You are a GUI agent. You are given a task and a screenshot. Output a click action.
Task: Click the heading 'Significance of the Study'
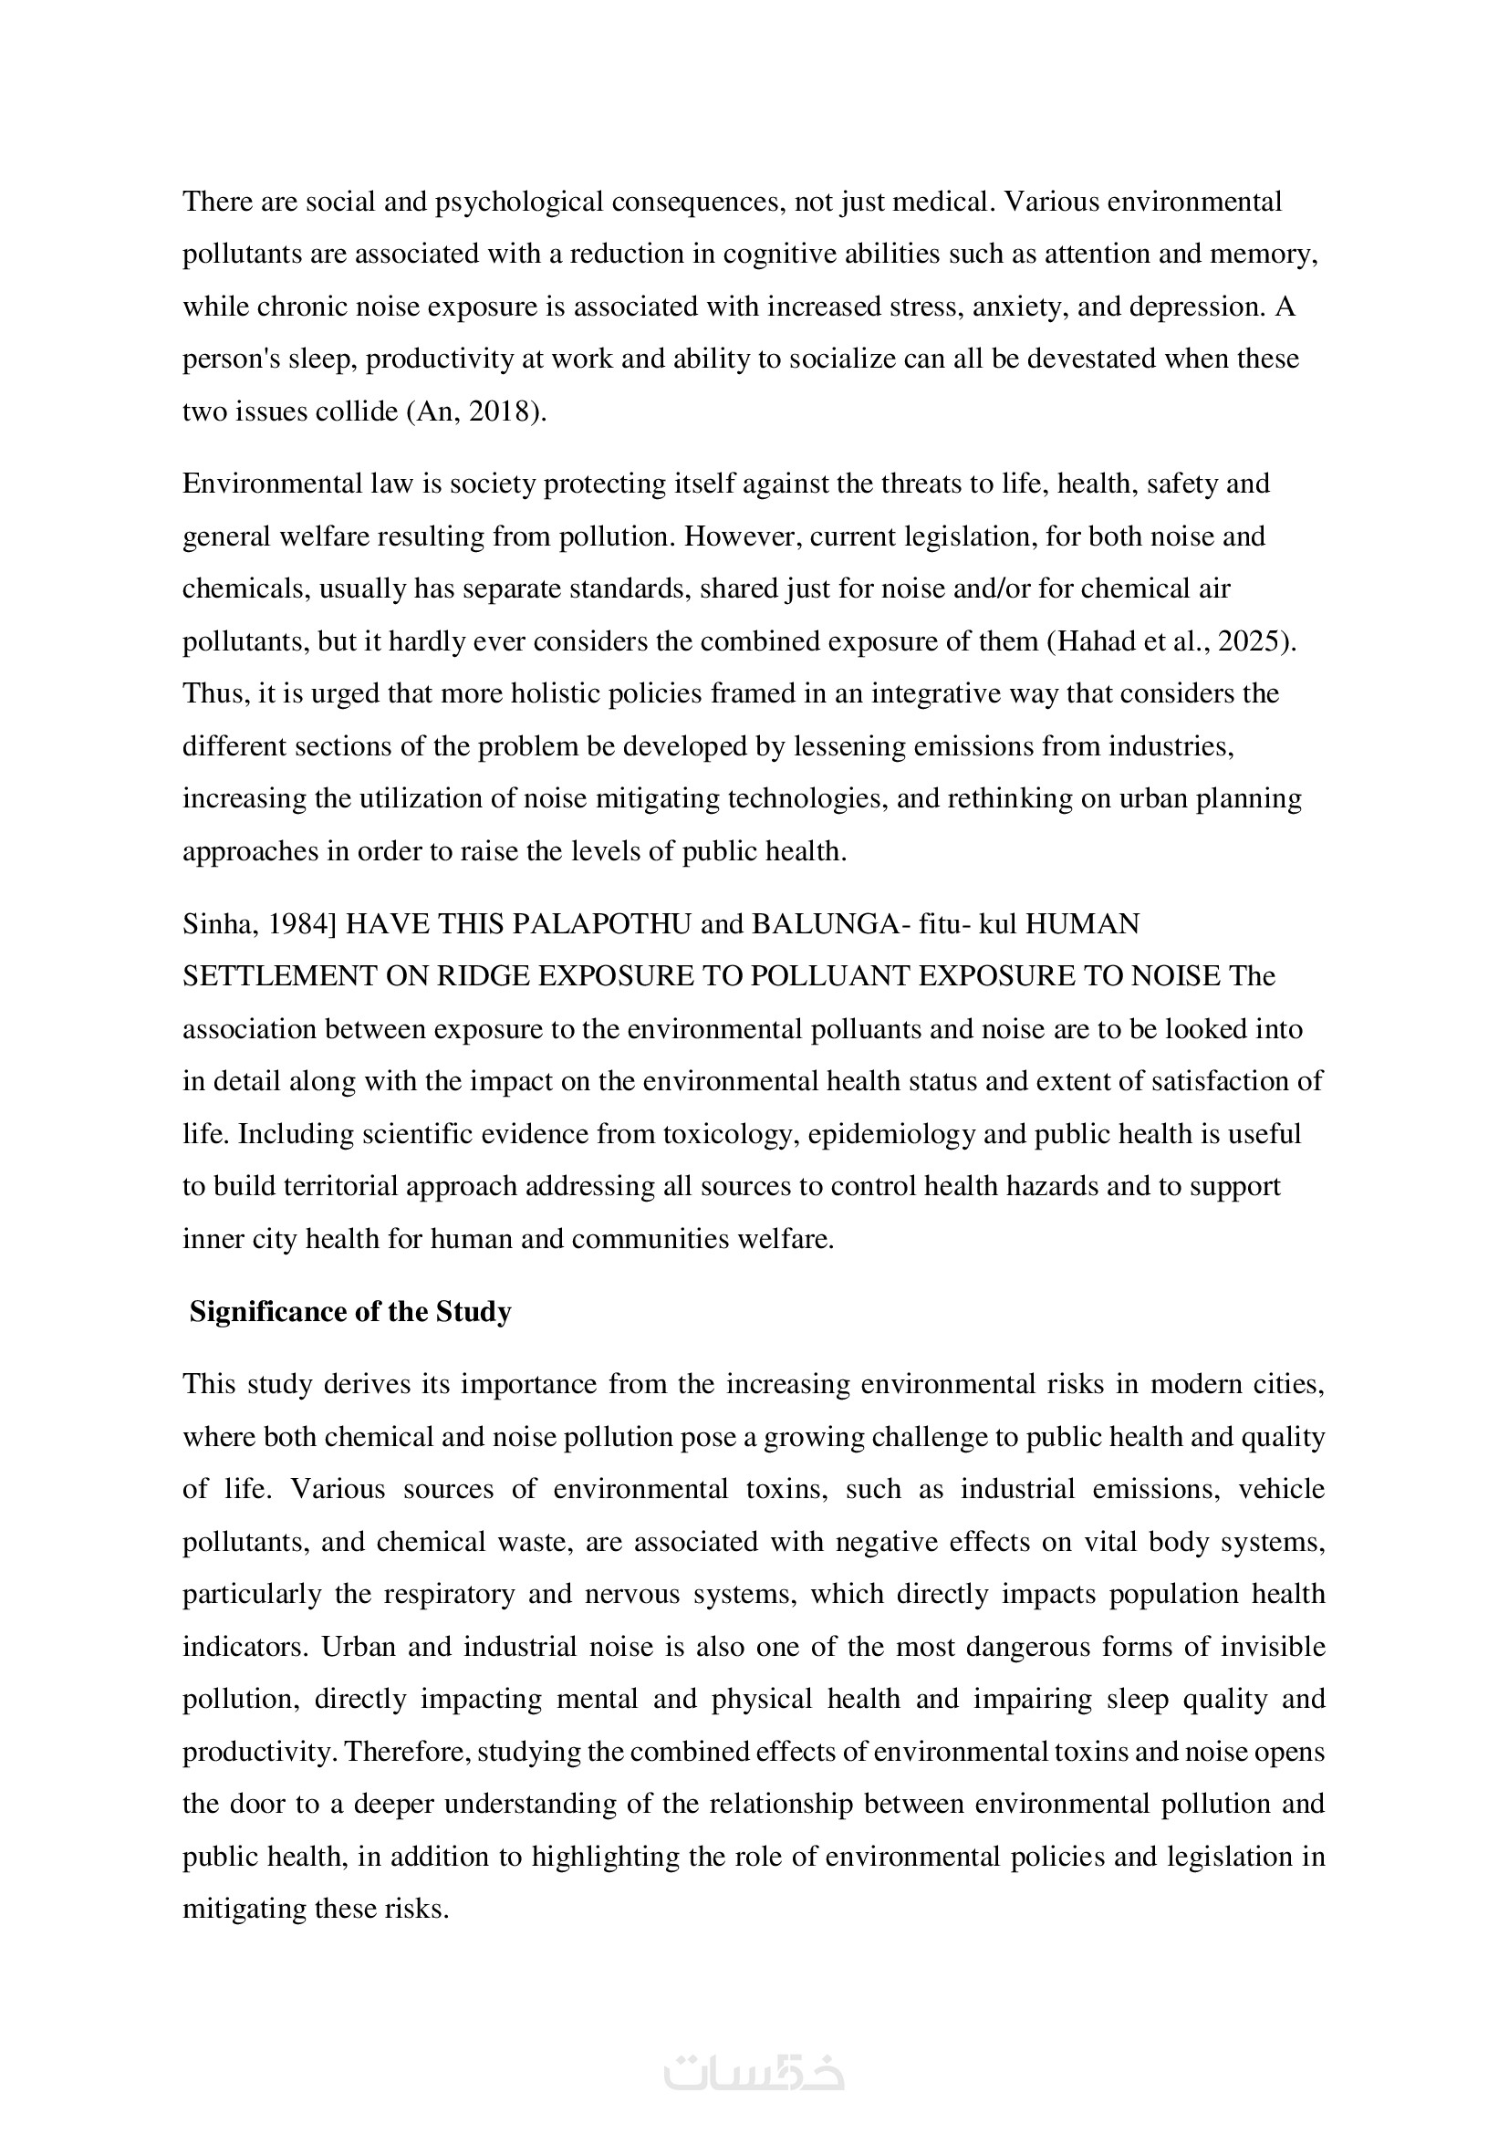(x=350, y=1311)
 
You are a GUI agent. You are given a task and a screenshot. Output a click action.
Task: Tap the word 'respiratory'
(x=449, y=1594)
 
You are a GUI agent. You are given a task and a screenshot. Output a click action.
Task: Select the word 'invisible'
(x=1272, y=1646)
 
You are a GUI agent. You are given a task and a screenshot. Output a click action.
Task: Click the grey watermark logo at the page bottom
(x=754, y=2074)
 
